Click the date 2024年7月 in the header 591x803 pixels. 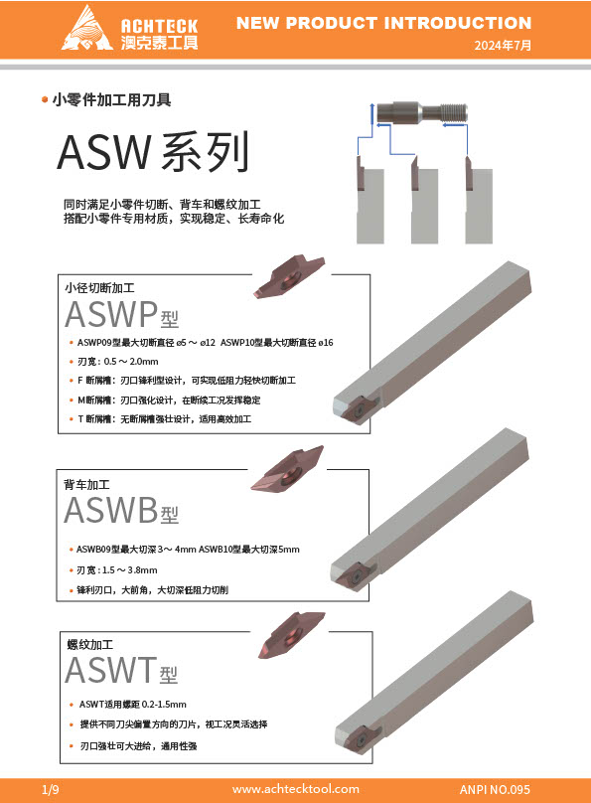click(503, 45)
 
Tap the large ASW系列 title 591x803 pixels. click(153, 152)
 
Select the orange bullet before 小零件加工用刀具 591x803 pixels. click(45, 99)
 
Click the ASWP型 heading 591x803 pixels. click(122, 314)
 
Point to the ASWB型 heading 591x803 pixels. click(121, 510)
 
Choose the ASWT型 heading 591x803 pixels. click(122, 670)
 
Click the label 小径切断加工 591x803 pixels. click(99, 288)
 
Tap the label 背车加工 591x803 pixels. click(86, 484)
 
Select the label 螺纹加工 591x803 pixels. click(90, 644)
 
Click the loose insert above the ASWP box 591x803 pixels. click(289, 276)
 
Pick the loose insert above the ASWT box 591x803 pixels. click(291, 634)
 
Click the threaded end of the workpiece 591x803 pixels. click(453, 112)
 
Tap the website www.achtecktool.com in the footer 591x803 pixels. click(295, 789)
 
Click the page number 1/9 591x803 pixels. click(50, 789)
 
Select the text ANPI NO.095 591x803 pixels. click(495, 789)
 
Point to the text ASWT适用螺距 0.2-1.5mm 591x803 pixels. click(133, 705)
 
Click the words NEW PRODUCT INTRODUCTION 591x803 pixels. click(383, 23)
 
